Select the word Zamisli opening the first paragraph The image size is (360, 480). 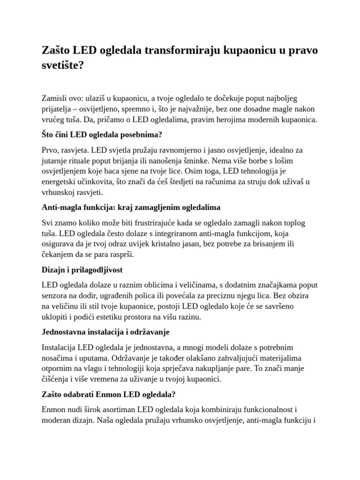tap(55, 98)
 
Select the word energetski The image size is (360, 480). tap(61, 181)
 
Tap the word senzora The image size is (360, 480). tap(56, 296)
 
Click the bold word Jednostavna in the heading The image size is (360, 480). tap(64, 332)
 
